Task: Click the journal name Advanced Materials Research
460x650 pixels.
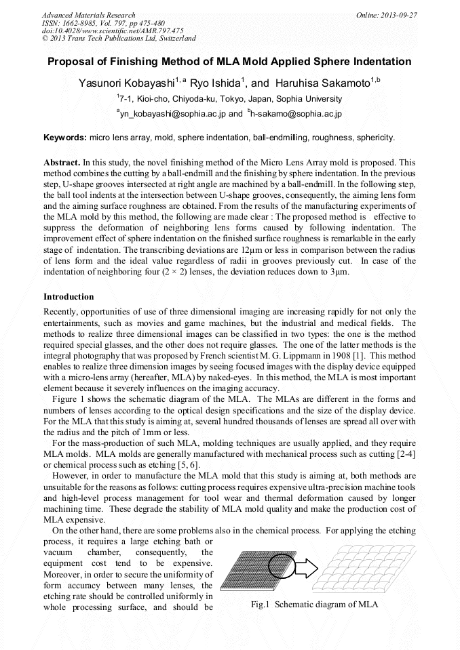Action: pyautogui.click(x=88, y=15)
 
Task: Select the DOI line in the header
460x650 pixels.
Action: pyautogui.click(x=113, y=31)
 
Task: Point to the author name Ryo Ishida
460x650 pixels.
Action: pyautogui.click(x=216, y=83)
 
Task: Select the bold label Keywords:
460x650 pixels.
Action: pyautogui.click(x=65, y=138)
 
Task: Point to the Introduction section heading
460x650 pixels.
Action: pyautogui.click(x=69, y=296)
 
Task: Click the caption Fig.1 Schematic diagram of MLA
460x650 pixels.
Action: pyautogui.click(x=314, y=604)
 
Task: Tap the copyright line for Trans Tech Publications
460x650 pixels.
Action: pyautogui.click(x=119, y=39)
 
